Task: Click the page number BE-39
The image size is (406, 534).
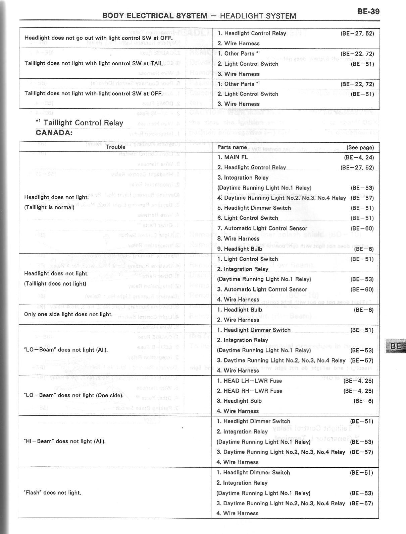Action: [368, 11]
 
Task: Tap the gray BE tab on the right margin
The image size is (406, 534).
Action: [396, 346]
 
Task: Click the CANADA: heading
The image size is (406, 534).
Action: [54, 132]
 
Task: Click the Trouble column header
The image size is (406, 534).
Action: [115, 147]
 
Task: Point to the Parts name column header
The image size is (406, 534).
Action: [232, 147]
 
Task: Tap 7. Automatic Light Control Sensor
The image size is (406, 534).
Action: [262, 228]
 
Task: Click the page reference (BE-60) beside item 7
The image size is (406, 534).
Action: [362, 228]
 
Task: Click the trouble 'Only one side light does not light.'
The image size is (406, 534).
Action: [68, 314]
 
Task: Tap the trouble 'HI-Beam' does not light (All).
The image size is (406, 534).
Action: [65, 441]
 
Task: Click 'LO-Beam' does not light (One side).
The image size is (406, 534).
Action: [73, 395]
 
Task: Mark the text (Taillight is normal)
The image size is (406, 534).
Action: [49, 207]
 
